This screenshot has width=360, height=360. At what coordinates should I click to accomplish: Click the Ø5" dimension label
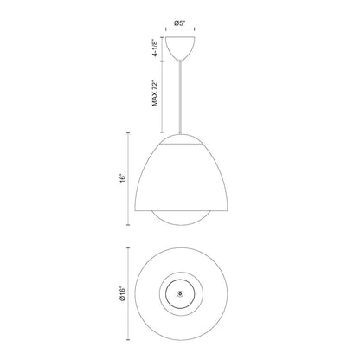[179, 23]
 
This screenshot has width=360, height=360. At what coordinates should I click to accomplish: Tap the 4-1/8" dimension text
[156, 48]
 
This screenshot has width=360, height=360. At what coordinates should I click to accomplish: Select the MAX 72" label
[156, 93]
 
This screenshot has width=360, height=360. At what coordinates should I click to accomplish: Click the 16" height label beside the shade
[123, 178]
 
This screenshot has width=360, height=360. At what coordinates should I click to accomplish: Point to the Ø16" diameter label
[123, 294]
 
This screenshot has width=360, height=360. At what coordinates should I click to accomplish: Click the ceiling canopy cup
[180, 48]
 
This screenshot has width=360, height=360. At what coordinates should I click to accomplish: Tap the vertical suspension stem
[180, 98]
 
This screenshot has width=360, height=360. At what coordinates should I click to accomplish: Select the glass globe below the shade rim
[182, 218]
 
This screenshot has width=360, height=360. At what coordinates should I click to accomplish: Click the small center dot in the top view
[180, 294]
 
